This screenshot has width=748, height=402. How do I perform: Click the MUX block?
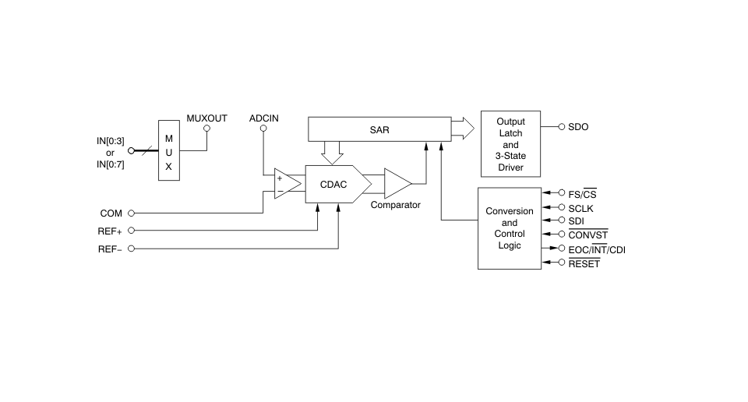169,150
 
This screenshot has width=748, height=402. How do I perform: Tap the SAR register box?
379,129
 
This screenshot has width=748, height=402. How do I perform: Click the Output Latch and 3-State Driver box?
510,144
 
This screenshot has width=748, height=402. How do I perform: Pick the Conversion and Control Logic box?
510,228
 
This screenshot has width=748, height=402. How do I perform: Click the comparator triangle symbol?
398,184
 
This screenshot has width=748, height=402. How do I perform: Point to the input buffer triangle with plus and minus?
288,184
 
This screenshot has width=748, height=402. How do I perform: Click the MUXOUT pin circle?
206,129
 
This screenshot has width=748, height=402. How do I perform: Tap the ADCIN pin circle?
263,129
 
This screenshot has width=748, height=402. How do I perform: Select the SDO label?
578,127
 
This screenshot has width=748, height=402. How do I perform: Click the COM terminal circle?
131,213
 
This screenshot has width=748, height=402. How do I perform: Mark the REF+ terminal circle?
131,231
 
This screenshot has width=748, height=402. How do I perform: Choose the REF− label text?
110,249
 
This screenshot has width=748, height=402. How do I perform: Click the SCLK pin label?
580,208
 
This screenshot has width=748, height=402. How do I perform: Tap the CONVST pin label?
588,235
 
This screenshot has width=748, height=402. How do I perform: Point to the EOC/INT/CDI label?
597,249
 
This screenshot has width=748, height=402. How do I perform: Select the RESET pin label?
584,263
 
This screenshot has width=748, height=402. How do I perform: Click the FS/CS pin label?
583,194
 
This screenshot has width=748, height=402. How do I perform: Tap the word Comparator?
396,205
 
